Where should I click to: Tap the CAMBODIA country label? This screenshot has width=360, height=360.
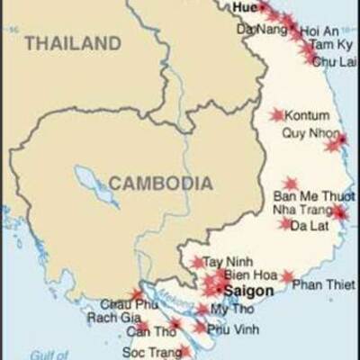pos(161,184)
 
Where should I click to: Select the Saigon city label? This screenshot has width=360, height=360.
pos(248,292)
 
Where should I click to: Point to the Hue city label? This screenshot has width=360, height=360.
pos(244,6)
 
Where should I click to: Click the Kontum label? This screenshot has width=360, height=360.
pos(307,116)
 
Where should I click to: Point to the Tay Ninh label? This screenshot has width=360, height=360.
pos(225,262)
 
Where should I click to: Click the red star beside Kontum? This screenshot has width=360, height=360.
pos(276,115)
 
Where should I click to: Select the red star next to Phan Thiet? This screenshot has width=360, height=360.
pos(287,277)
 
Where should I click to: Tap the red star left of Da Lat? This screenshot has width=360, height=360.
pos(286,223)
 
